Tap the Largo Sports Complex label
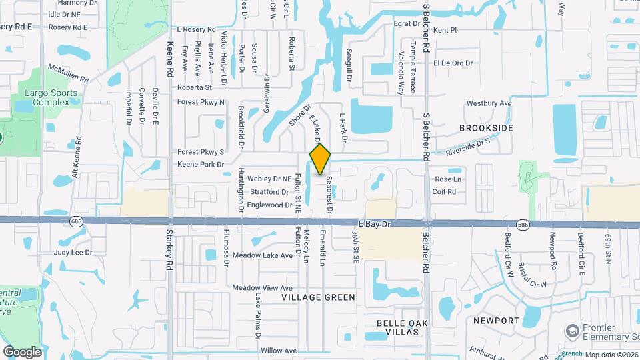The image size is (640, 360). tap(47, 97)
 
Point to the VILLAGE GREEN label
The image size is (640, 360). tap(318, 297)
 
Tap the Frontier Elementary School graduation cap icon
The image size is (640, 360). tap(571, 331)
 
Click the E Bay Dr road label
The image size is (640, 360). tap(373, 224)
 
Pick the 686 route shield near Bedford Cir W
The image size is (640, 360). tap(523, 225)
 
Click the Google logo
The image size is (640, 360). tap(22, 351)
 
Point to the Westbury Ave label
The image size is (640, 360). tap(489, 103)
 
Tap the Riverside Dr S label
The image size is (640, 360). tap(468, 144)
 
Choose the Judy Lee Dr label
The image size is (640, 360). tap(71, 253)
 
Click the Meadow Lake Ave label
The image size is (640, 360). tap(263, 255)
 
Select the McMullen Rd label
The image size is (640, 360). tap(68, 73)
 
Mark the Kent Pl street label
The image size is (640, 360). tap(445, 30)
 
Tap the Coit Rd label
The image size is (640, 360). tap(444, 192)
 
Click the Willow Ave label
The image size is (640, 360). tap(279, 351)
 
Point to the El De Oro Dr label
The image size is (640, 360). tap(453, 63)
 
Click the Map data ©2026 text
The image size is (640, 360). tap(611, 354)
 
